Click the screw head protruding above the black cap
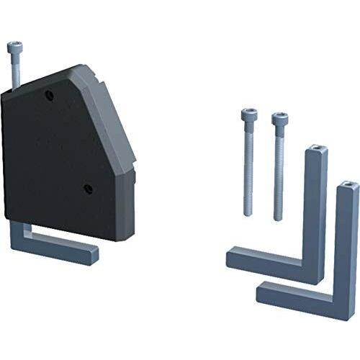point(14,49)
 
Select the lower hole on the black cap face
point(88,189)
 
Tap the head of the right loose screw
point(279,118)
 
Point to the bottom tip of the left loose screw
point(249,212)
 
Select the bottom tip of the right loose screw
point(279,218)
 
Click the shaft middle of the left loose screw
point(248,166)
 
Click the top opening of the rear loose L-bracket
point(315,151)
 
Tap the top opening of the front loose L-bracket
point(347,186)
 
